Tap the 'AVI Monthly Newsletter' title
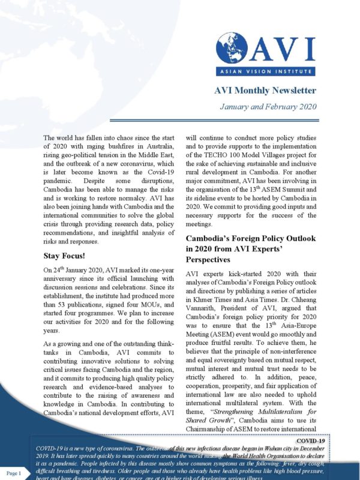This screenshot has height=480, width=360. (265, 91)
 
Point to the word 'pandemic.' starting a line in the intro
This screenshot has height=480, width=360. (61, 177)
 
